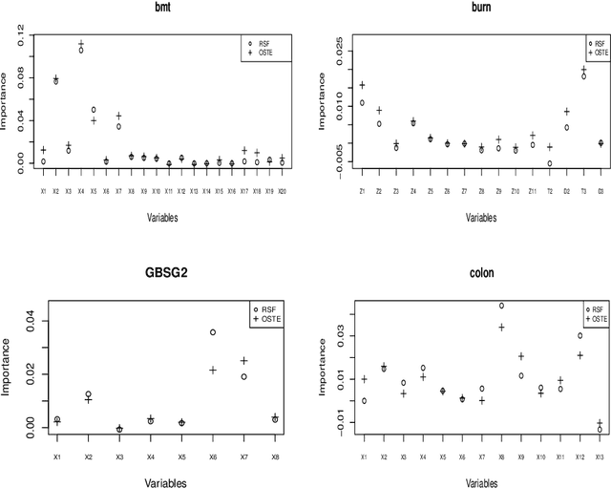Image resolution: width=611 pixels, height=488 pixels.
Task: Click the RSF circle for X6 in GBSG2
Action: [x=213, y=332]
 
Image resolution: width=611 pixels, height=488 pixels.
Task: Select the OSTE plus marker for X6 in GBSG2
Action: [x=213, y=370]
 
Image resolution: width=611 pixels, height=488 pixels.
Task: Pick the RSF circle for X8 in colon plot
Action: [x=502, y=306]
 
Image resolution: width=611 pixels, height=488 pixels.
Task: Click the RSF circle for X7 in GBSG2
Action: [x=243, y=376]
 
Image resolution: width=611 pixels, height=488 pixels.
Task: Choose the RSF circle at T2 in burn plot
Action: [x=549, y=163]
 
